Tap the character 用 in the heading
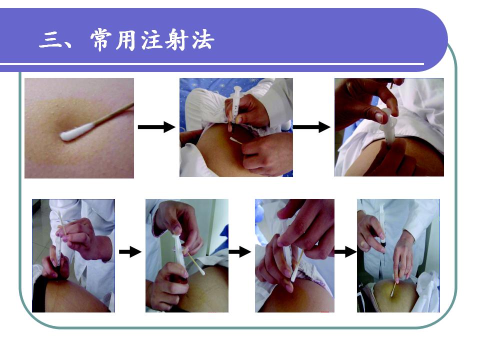pyautogui.click(x=126, y=40)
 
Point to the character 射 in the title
pyautogui.click(x=176, y=40)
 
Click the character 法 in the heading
pyautogui.click(x=202, y=40)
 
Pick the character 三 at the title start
pyautogui.click(x=50, y=40)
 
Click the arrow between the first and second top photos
pyautogui.click(x=156, y=126)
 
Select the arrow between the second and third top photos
pyautogui.click(x=311, y=126)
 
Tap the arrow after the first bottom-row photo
pyautogui.click(x=130, y=252)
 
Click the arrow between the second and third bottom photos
pyautogui.click(x=240, y=252)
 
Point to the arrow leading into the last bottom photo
pyautogui.click(x=345, y=252)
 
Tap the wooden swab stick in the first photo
pyautogui.click(x=113, y=114)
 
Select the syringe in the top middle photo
pyautogui.click(x=235, y=105)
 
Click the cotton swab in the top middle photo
pyautogui.click(x=235, y=140)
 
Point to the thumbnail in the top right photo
pyautogui.click(x=380, y=117)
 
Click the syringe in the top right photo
pyautogui.click(x=387, y=126)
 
